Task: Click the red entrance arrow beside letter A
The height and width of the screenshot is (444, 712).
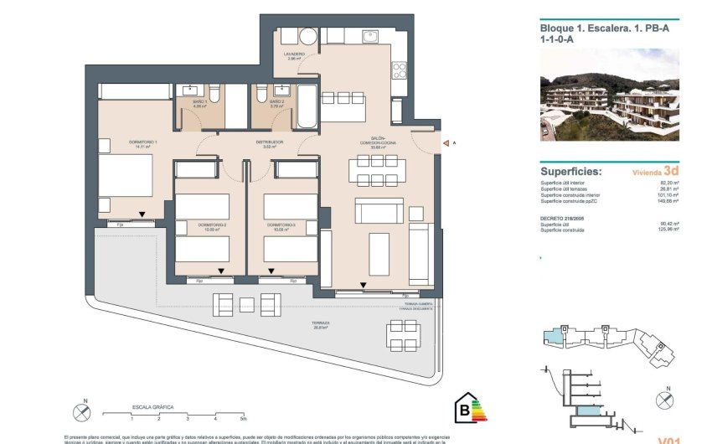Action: click(x=444, y=143)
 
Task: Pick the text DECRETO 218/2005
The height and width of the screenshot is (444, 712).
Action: click(x=564, y=217)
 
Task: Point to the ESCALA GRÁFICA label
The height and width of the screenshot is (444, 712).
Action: click(x=152, y=406)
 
